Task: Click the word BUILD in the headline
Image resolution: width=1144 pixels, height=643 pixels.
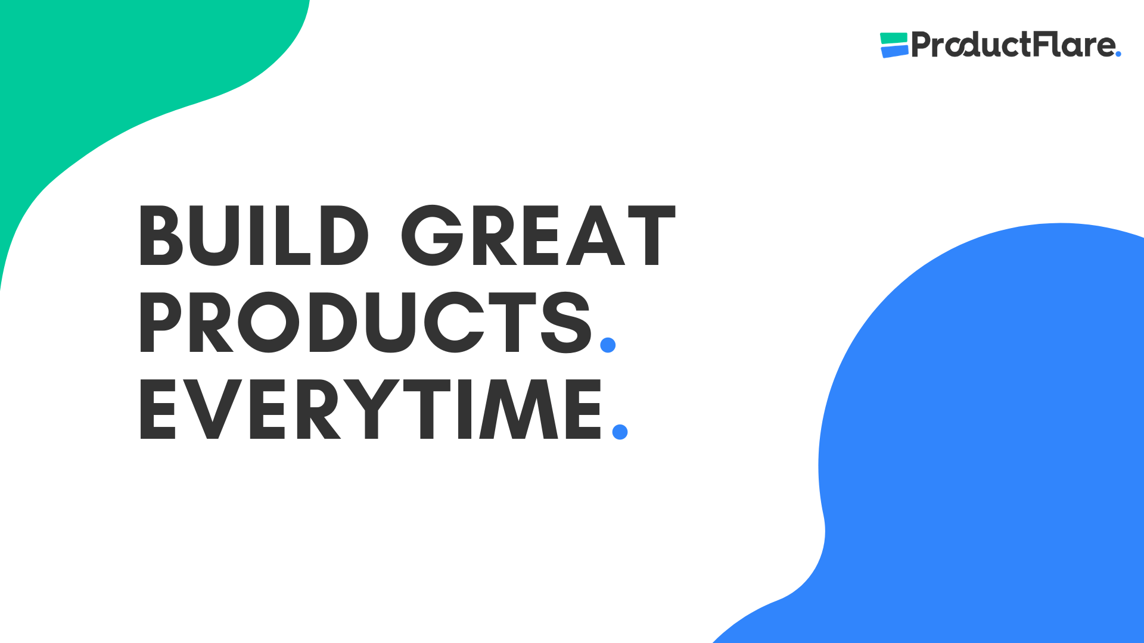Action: (254, 236)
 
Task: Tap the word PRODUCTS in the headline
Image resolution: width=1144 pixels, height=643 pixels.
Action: (365, 322)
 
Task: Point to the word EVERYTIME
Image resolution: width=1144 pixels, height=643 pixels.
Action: (371, 410)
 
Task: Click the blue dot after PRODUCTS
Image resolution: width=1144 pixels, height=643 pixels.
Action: (608, 345)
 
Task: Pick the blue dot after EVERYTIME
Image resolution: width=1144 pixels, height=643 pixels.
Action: (620, 432)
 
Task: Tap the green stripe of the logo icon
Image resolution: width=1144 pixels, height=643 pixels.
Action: (893, 38)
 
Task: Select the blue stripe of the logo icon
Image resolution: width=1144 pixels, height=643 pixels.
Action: (894, 52)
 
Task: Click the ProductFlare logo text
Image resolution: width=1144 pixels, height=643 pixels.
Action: (1013, 45)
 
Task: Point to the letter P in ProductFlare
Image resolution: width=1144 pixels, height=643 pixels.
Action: (922, 45)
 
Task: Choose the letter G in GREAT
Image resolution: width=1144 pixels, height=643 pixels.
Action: (432, 236)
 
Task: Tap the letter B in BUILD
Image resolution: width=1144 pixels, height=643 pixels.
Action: (160, 236)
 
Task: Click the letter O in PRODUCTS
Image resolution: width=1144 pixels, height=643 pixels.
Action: (269, 322)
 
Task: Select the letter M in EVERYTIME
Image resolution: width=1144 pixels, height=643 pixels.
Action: (519, 410)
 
